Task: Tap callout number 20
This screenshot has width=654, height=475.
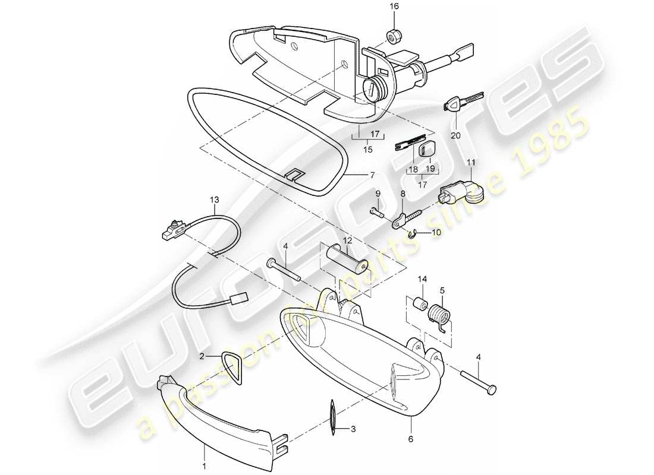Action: pyautogui.click(x=455, y=135)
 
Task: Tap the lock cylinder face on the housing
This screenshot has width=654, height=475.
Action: pyautogui.click(x=374, y=91)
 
